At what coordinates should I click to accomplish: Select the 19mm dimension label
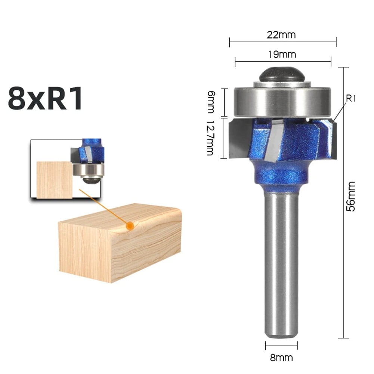tap(282, 55)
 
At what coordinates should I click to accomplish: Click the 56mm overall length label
tap(351, 197)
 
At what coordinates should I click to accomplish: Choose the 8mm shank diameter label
tap(282, 358)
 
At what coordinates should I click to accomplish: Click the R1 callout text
tap(351, 99)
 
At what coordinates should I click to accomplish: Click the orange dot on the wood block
tap(130, 226)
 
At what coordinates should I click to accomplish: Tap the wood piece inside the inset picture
tap(54, 179)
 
